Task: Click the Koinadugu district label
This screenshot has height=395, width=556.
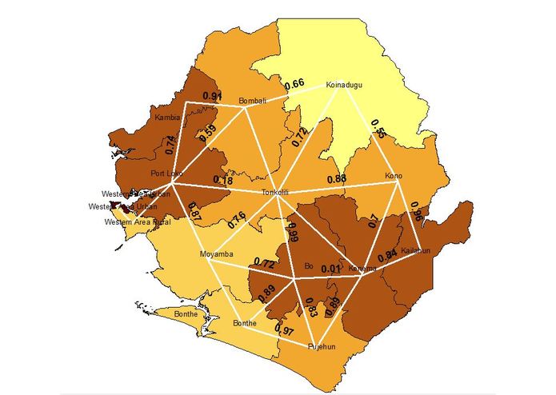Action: tap(346, 86)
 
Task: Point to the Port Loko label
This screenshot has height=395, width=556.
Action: tap(166, 173)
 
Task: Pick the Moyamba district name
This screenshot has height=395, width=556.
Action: tap(215, 254)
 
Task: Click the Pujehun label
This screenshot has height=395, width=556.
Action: tap(322, 347)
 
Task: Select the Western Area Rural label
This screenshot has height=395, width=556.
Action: tap(138, 221)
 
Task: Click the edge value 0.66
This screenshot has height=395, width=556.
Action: tap(294, 84)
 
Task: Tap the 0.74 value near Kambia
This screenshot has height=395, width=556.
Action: tap(170, 144)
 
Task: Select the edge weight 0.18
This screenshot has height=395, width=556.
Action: tap(224, 181)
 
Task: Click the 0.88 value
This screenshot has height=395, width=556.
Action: tap(336, 178)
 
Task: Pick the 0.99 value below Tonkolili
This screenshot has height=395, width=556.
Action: tap(293, 232)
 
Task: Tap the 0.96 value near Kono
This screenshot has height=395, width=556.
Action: tap(416, 212)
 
